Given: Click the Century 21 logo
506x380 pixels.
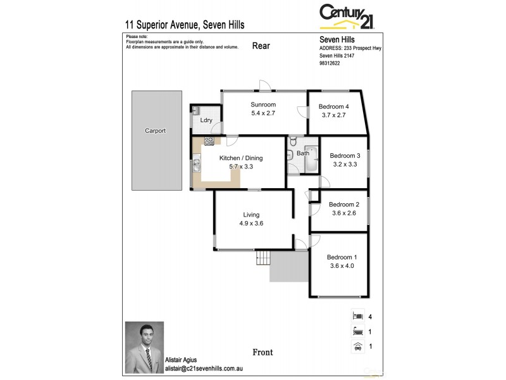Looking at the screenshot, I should click(347, 16).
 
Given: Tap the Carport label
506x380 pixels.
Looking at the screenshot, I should click(155, 131).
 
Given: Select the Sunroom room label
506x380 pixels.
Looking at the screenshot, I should click(263, 105).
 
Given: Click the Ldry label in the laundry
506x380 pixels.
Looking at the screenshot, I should click(206, 120).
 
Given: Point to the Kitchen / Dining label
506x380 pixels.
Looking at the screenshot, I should click(240, 158).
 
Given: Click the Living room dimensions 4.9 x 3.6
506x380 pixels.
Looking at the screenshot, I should click(251, 224).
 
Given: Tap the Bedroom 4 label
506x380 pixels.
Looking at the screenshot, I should click(335, 106).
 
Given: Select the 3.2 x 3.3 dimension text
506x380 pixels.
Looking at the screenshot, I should click(345, 165).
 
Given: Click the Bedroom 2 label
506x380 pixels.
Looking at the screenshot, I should click(344, 205).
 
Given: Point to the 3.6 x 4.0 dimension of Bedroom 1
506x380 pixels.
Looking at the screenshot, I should click(342, 266).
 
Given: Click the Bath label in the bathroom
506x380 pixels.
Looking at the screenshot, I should click(303, 153).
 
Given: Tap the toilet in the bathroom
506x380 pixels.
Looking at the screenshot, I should click(293, 142).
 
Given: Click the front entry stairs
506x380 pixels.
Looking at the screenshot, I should click(263, 257).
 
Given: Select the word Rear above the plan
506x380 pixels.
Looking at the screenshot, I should click(261, 45).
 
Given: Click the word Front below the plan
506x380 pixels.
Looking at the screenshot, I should click(262, 352).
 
